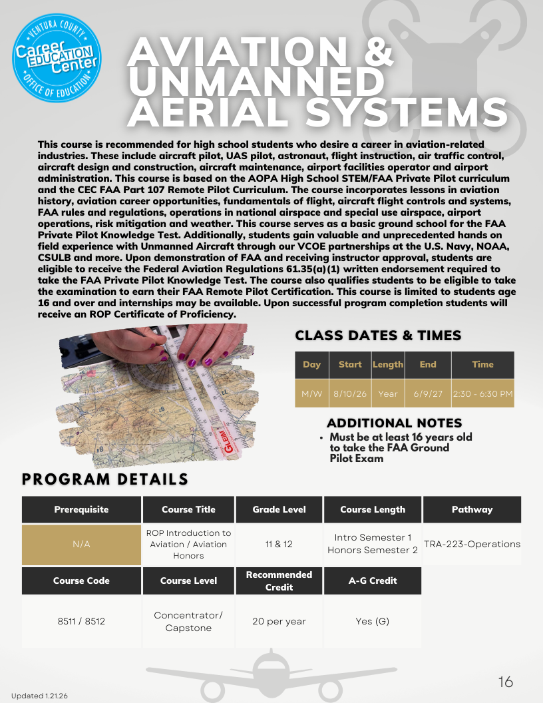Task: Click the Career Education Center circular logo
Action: (57, 59)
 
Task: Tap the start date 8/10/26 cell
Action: (350, 393)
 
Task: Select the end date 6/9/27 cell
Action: (428, 393)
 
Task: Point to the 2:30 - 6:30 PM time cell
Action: (482, 393)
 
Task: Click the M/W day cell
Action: (311, 393)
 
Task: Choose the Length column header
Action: (388, 364)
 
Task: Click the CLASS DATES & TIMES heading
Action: (378, 335)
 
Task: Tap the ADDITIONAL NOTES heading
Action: (394, 423)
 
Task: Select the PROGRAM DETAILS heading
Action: (105, 479)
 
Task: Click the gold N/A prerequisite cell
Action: (81, 544)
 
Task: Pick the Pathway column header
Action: (472, 509)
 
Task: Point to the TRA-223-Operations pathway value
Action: (472, 544)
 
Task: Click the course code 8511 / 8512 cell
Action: (81, 621)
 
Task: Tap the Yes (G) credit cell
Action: (372, 621)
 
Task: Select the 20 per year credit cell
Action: (279, 621)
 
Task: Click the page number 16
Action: (506, 682)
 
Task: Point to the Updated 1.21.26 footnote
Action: (39, 696)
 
